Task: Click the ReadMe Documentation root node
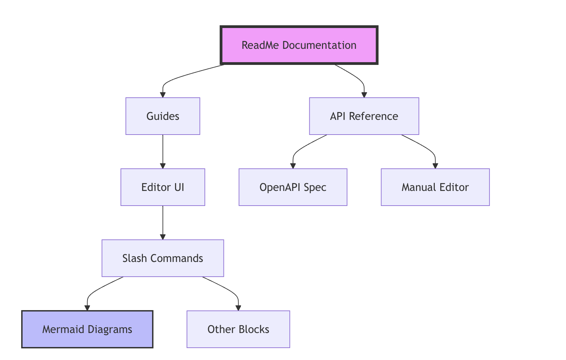click(x=299, y=45)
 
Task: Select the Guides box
click(x=163, y=116)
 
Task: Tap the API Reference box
click(x=364, y=116)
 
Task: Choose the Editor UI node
click(x=163, y=187)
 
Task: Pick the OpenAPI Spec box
click(x=293, y=187)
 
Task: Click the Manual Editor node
click(x=435, y=187)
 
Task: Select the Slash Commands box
click(x=163, y=258)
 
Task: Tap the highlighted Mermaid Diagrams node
click(x=87, y=329)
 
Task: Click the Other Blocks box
click(x=238, y=329)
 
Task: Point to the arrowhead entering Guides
click(x=163, y=95)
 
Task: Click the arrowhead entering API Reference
click(x=364, y=95)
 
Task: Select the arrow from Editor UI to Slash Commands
click(x=163, y=222)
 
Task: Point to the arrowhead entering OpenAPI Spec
click(x=293, y=166)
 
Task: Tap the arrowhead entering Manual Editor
click(x=435, y=166)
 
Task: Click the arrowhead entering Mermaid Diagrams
click(x=87, y=308)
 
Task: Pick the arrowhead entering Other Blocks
click(x=238, y=308)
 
